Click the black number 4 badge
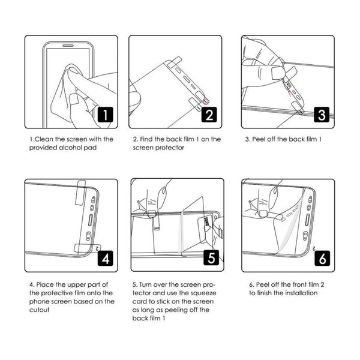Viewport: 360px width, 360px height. [104, 258]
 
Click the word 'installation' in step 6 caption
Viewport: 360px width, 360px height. [299, 293]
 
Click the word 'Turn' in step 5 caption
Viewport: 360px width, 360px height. [148, 284]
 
